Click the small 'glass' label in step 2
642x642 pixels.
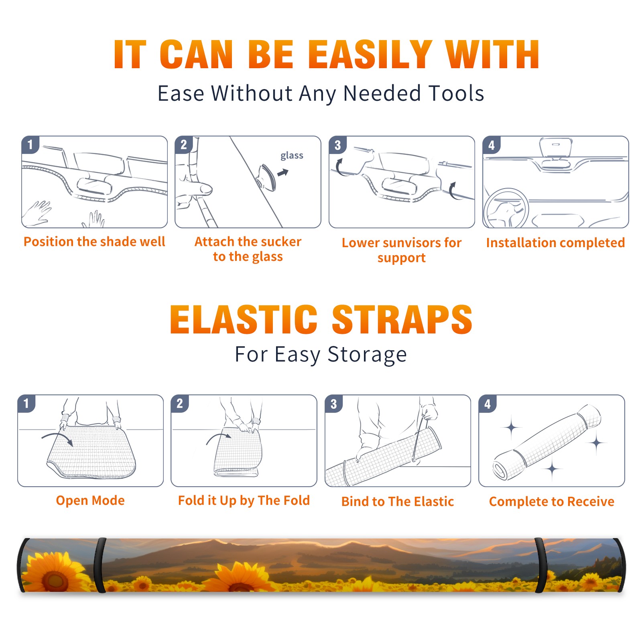pos(292,156)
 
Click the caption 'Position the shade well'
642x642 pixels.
pos(94,242)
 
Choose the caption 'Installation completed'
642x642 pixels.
pos(555,243)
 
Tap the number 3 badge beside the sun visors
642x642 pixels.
pos(337,145)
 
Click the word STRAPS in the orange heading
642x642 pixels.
pos(402,319)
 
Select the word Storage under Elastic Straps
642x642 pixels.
pos(367,355)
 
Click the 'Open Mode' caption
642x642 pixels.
pos(90,500)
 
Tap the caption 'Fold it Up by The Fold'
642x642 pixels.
pos(244,500)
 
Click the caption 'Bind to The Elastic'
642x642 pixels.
pos(398,502)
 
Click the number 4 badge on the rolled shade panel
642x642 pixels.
pos(488,404)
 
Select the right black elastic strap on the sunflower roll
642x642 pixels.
pos(540,565)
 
